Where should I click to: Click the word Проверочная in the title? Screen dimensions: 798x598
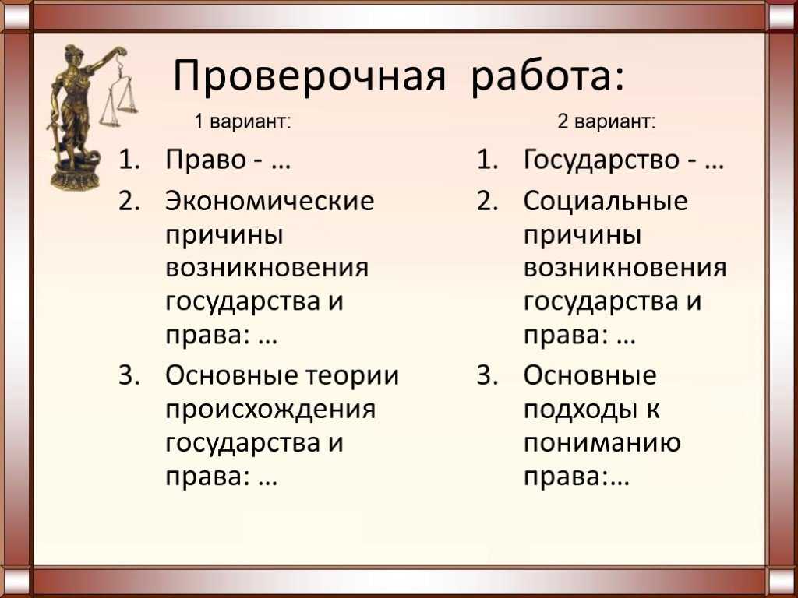[x=309, y=77]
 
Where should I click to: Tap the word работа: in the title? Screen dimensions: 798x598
[x=547, y=76]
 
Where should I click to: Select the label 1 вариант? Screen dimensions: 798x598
[x=243, y=122]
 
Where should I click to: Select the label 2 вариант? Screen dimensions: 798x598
[x=606, y=122]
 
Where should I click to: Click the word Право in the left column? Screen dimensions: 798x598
[x=206, y=160]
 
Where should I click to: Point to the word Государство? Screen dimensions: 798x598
[x=602, y=161]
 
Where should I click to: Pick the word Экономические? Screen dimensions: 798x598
[x=270, y=201]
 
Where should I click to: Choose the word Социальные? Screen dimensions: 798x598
[x=606, y=201]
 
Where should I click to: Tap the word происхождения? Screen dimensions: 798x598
[x=270, y=410]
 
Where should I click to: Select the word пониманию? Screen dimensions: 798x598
[x=602, y=443]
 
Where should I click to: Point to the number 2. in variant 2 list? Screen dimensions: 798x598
[x=487, y=201]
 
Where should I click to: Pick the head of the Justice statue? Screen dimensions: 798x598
[x=72, y=54]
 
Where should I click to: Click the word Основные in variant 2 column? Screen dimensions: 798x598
[x=591, y=376]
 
